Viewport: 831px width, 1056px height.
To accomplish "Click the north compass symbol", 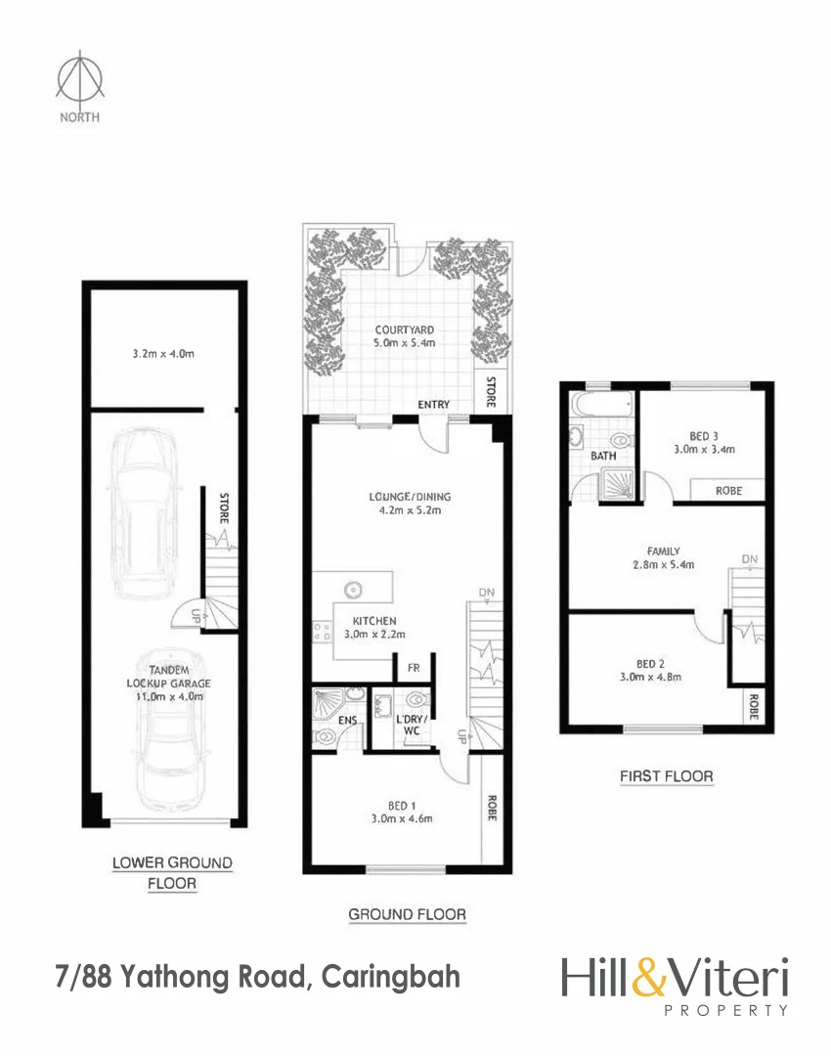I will pos(79,80).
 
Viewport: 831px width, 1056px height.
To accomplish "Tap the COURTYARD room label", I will pos(405,330).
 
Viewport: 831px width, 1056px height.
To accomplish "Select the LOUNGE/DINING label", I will pos(403,497).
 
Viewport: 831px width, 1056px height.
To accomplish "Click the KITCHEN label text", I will pos(374,621).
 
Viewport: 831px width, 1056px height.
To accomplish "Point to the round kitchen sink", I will pos(352,590).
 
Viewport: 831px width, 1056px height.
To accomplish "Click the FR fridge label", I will pos(413,669).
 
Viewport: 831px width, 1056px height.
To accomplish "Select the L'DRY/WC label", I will pos(410,731).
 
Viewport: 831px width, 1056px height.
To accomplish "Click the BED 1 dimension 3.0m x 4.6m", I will pos(402,819).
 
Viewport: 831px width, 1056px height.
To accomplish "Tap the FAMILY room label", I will pos(664,551).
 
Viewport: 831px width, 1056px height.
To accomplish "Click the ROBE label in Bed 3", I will pos(728,491).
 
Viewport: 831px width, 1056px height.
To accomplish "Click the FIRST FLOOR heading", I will pos(666,776).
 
